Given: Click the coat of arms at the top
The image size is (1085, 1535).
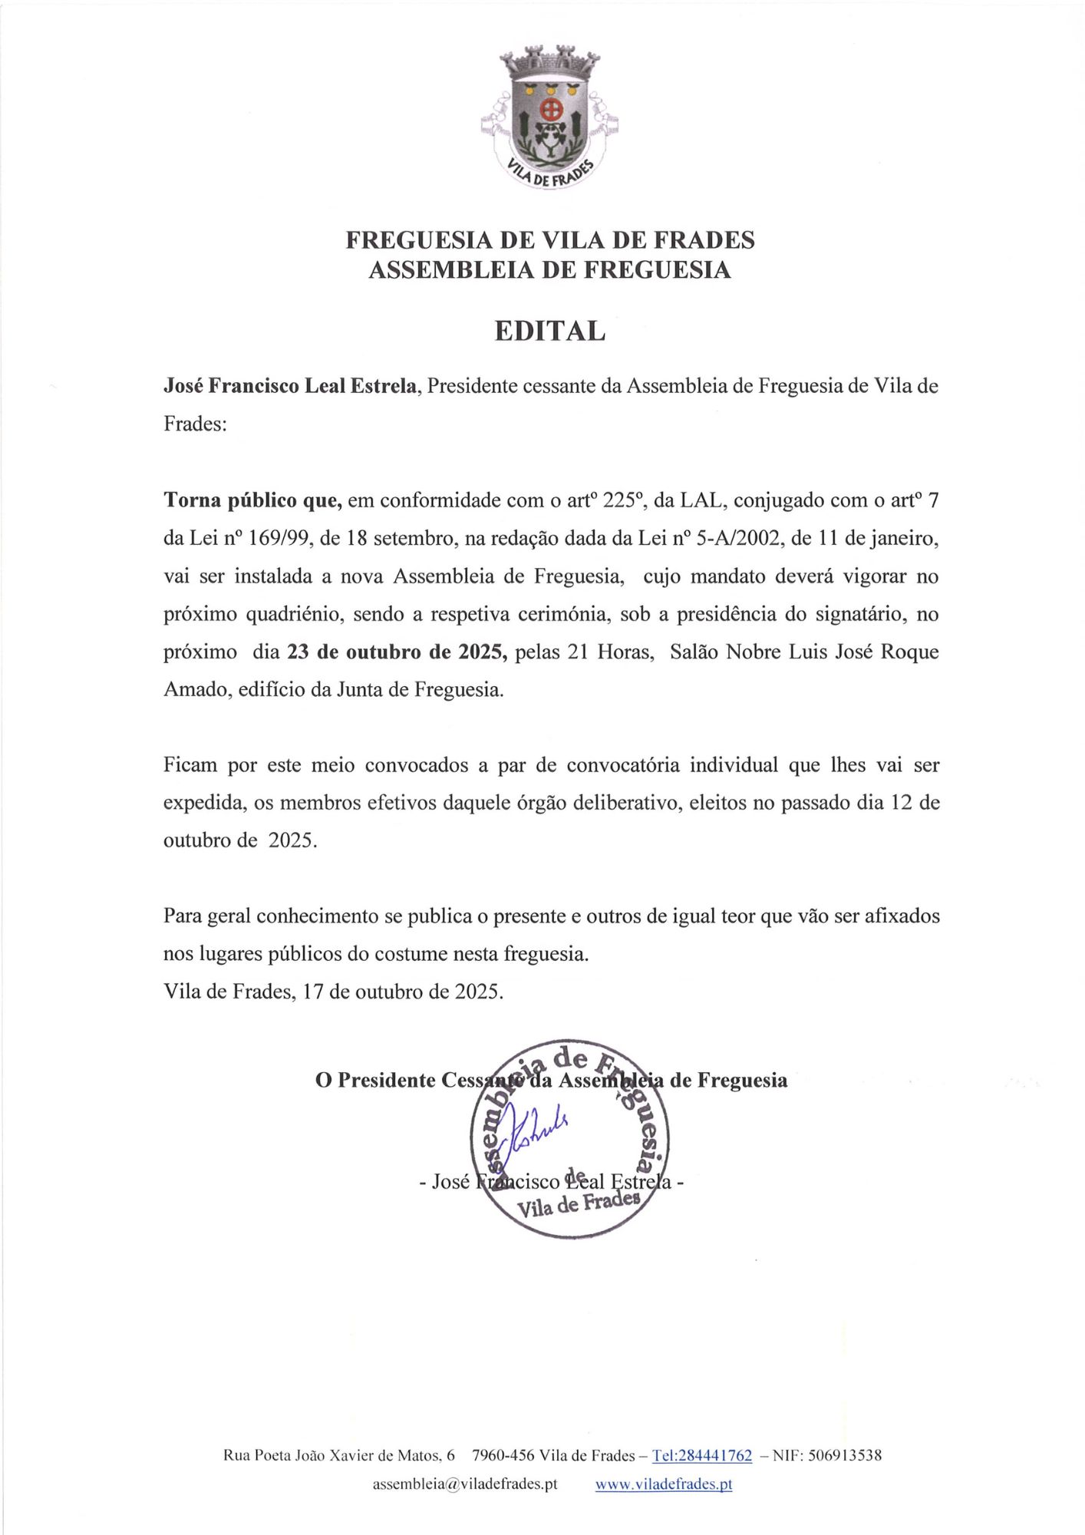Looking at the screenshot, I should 550,115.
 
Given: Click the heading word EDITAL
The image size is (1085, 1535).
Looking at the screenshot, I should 550,331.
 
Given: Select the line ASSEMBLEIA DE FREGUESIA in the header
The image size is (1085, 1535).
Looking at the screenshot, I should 549,270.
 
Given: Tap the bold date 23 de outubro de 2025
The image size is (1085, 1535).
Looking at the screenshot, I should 397,652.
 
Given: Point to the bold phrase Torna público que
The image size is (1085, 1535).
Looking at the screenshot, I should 252,501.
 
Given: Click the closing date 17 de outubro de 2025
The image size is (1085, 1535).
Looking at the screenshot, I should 403,992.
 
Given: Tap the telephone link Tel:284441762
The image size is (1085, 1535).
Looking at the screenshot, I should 701,1455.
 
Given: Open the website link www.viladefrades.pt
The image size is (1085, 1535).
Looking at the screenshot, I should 664,1484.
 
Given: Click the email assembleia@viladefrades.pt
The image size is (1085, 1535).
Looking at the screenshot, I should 465,1484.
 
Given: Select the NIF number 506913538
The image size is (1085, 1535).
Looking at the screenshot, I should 838,1455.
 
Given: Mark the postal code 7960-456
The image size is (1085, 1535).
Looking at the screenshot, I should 503,1455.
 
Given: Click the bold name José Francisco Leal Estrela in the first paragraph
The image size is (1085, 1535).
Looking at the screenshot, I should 290,386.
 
